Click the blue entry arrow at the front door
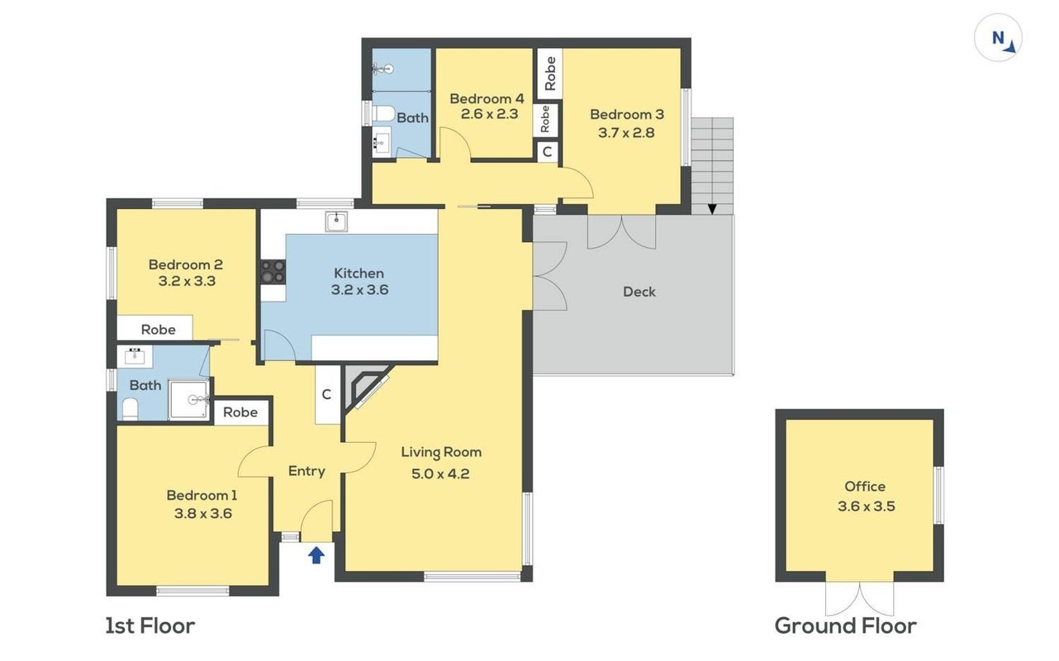tap(316, 555)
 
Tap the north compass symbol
tap(998, 38)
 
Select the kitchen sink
tap(336, 221)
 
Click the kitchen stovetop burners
tap(273, 271)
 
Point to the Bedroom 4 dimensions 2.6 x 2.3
tap(489, 114)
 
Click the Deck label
tap(639, 292)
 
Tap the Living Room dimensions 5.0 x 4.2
tap(440, 473)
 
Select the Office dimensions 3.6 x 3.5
tap(866, 506)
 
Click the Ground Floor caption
tap(845, 626)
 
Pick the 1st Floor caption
tap(150, 626)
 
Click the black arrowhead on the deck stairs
tap(712, 209)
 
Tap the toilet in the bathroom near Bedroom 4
tap(383, 113)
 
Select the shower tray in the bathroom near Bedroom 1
tap(188, 400)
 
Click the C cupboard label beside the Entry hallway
tap(326, 394)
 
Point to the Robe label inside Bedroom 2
tap(158, 330)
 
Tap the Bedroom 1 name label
tap(202, 495)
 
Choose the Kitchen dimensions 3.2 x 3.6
tap(359, 289)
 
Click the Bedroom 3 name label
tap(626, 114)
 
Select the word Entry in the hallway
tap(306, 472)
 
